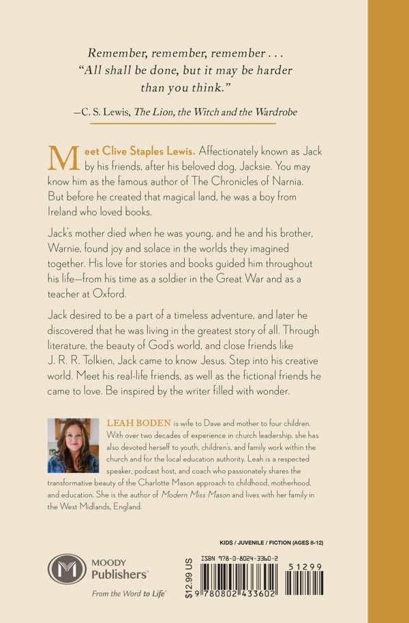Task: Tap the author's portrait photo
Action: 74,446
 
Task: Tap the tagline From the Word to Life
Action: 129,594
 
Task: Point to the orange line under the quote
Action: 183,123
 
